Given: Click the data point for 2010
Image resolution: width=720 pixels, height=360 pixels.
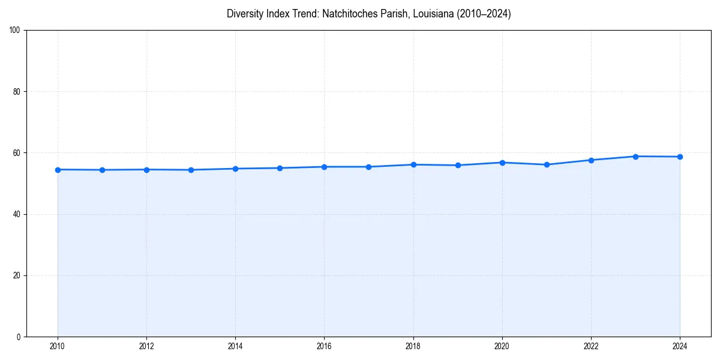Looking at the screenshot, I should point(58,170).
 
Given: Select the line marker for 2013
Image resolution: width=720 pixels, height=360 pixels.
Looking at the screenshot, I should point(191,170).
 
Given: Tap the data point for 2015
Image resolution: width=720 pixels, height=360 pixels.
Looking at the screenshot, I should point(280,168).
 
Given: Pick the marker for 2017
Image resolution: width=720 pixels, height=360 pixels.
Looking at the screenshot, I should point(368,167).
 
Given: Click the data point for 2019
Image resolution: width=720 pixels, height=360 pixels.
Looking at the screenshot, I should point(458,165).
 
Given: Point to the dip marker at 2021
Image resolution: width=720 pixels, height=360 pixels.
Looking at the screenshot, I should point(547,164).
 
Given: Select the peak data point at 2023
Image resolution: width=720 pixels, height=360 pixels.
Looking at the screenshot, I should point(635,157).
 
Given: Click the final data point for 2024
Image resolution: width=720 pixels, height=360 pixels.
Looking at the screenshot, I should point(680,157).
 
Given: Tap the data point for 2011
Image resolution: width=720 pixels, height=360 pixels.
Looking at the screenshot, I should point(102,170).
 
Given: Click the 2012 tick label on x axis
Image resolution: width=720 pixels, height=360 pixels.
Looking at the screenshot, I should point(146,346).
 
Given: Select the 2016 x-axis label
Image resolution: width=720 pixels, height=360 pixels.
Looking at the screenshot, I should point(324,346).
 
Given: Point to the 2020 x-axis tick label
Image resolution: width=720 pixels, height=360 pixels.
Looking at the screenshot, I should point(502,346).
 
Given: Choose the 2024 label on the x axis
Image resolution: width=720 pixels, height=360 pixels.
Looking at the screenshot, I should point(680,346).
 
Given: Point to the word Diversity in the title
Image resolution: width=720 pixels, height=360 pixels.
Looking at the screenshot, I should point(245,14).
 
